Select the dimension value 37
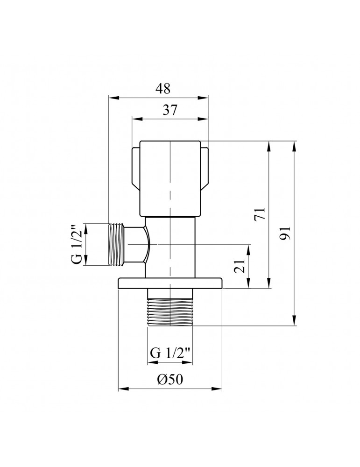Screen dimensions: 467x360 point(170,110)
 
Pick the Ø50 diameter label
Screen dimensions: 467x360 point(170,380)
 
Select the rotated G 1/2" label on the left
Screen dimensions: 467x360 point(78,244)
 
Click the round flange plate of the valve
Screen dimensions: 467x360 point(170,283)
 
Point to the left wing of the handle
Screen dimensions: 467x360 point(134,168)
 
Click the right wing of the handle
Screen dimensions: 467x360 point(205,168)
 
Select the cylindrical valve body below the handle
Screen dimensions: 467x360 point(170,245)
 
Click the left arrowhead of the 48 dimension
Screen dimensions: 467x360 point(111,98)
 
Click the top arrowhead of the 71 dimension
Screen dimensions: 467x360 point(268,144)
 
